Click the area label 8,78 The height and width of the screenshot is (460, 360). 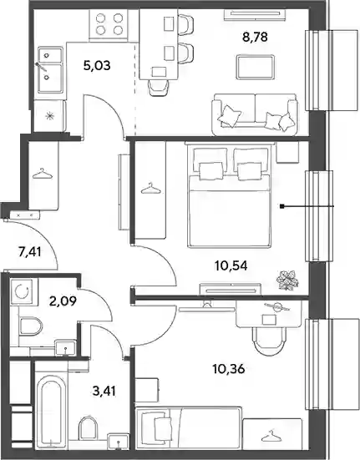(x=255, y=38)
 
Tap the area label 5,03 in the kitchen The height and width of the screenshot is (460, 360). (x=97, y=65)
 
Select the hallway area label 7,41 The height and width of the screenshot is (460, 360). (x=29, y=252)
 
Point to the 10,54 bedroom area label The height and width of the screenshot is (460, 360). (x=231, y=265)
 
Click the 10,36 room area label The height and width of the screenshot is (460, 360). (x=229, y=369)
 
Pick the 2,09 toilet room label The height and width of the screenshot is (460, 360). (x=63, y=301)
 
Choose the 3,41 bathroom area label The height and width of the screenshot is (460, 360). (x=104, y=391)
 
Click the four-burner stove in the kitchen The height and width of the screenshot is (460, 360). (x=109, y=25)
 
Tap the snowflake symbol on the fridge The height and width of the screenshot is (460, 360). (x=50, y=117)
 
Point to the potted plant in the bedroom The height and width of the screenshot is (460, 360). (x=287, y=281)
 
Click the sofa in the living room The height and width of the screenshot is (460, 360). (x=255, y=114)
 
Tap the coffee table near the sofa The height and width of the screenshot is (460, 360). (x=256, y=67)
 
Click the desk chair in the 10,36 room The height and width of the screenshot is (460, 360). (x=269, y=341)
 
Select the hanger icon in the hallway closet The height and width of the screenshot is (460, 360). (x=43, y=174)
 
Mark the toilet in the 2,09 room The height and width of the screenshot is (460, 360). (x=30, y=326)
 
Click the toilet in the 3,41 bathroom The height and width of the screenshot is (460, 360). (x=89, y=428)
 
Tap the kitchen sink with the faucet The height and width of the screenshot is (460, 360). (x=50, y=70)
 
